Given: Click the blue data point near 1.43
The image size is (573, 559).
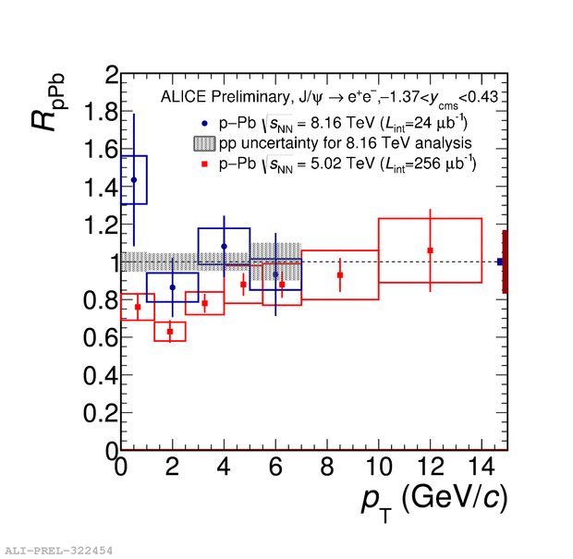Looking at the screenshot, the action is [x=134, y=180].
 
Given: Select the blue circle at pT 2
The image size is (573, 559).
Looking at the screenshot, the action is [x=173, y=287].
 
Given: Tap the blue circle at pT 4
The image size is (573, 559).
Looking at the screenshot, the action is [x=224, y=247].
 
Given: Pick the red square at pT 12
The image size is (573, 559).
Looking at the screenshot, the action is [x=430, y=250].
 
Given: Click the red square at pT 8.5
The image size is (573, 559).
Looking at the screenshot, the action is [x=340, y=275].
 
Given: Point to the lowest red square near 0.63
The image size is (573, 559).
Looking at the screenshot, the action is [x=170, y=332].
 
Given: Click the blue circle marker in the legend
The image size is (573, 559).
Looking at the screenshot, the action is [x=204, y=124].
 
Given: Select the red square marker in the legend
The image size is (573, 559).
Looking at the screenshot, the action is [x=204, y=164].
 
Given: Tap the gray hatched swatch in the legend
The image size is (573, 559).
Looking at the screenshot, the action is [x=204, y=143].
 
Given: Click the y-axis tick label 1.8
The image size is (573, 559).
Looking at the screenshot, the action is [x=101, y=112].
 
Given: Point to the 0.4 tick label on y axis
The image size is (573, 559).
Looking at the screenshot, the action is [x=101, y=375].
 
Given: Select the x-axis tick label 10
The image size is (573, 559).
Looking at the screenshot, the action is [x=379, y=467].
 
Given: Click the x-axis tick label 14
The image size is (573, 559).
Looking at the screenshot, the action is [x=482, y=467].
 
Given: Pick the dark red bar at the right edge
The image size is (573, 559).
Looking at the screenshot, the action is [x=505, y=261].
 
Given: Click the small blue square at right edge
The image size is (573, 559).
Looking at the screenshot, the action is [x=500, y=261].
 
